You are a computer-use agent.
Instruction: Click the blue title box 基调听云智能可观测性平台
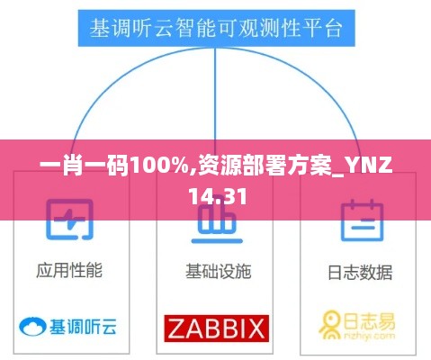[217, 28]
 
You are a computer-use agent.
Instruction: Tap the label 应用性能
[69, 270]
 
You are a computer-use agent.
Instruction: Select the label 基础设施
[219, 271]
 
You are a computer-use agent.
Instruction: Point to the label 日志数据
[360, 273]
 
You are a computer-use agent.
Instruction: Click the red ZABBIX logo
[217, 328]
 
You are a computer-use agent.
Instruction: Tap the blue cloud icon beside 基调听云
[32, 327]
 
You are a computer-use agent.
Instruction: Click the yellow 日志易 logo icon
[330, 325]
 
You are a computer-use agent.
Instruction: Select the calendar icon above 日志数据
[363, 220]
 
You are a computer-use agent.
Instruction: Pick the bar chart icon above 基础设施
[217, 222]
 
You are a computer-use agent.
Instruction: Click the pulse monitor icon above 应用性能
[69, 220]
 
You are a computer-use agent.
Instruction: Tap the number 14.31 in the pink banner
[218, 196]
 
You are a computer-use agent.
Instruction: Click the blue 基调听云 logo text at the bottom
[83, 327]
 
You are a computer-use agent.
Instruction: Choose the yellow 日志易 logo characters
[369, 321]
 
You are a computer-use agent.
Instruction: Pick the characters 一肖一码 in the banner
[85, 166]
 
